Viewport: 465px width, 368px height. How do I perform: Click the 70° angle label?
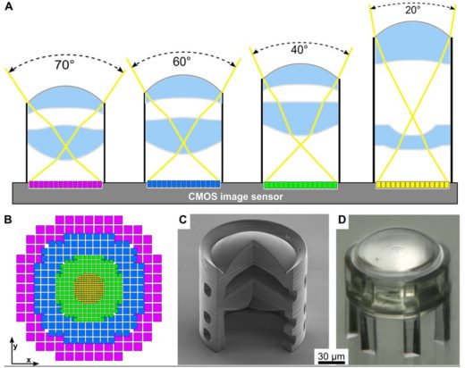[63, 64]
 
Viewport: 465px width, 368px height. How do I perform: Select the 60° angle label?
[182, 62]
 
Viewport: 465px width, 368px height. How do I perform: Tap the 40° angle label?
[300, 49]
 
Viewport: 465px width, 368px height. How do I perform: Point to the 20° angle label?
[413, 10]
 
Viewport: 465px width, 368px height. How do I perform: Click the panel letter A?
[9, 6]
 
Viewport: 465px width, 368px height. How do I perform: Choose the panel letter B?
[8, 220]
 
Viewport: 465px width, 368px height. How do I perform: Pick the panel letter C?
[182, 220]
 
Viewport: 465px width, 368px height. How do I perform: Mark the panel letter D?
[342, 220]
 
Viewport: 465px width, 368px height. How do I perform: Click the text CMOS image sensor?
[235, 197]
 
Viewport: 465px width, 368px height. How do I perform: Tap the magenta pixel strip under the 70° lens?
[65, 185]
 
